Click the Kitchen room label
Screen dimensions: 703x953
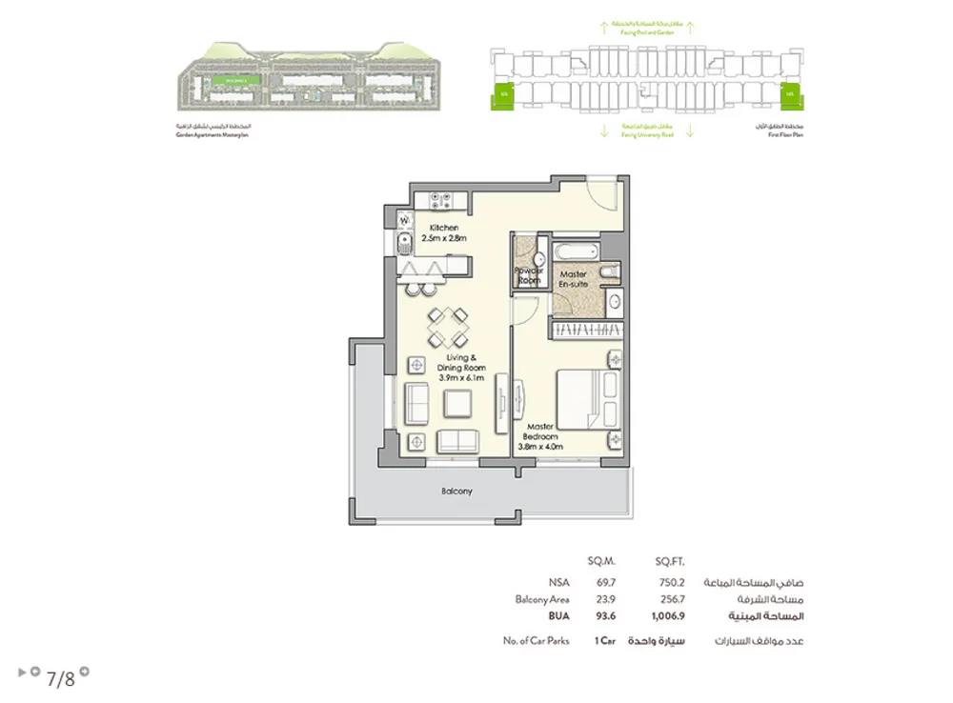pyautogui.click(x=443, y=228)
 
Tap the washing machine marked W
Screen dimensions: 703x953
pyautogui.click(x=404, y=223)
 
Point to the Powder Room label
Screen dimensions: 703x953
pyautogui.click(x=528, y=275)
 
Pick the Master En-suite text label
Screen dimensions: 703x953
pyautogui.click(x=573, y=279)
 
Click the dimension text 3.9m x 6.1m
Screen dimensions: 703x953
pyautogui.click(x=461, y=377)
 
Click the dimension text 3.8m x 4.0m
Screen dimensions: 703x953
pyautogui.click(x=540, y=446)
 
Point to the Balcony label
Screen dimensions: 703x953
pyautogui.click(x=456, y=492)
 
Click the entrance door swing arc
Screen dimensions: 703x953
pyautogui.click(x=602, y=193)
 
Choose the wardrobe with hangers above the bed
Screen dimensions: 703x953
pyautogui.click(x=586, y=328)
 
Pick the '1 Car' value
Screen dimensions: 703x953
pyautogui.click(x=602, y=641)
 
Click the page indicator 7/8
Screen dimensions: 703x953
pyautogui.click(x=59, y=678)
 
